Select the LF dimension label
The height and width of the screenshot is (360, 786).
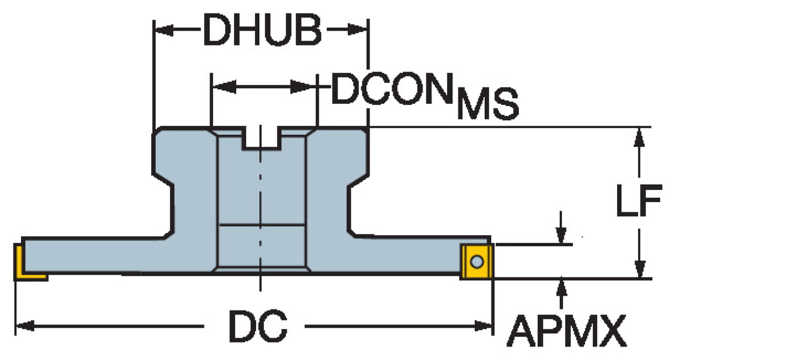639,200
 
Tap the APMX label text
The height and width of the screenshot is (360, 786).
566,331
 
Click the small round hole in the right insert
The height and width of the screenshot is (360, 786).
476,260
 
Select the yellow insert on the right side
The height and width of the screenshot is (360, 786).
476,261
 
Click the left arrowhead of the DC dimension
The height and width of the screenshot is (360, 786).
24,326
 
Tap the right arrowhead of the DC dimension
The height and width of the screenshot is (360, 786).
484,326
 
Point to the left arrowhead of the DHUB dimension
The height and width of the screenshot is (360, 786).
163,30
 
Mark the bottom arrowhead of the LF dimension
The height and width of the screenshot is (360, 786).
639,270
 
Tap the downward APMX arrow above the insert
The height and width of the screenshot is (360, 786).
562,236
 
